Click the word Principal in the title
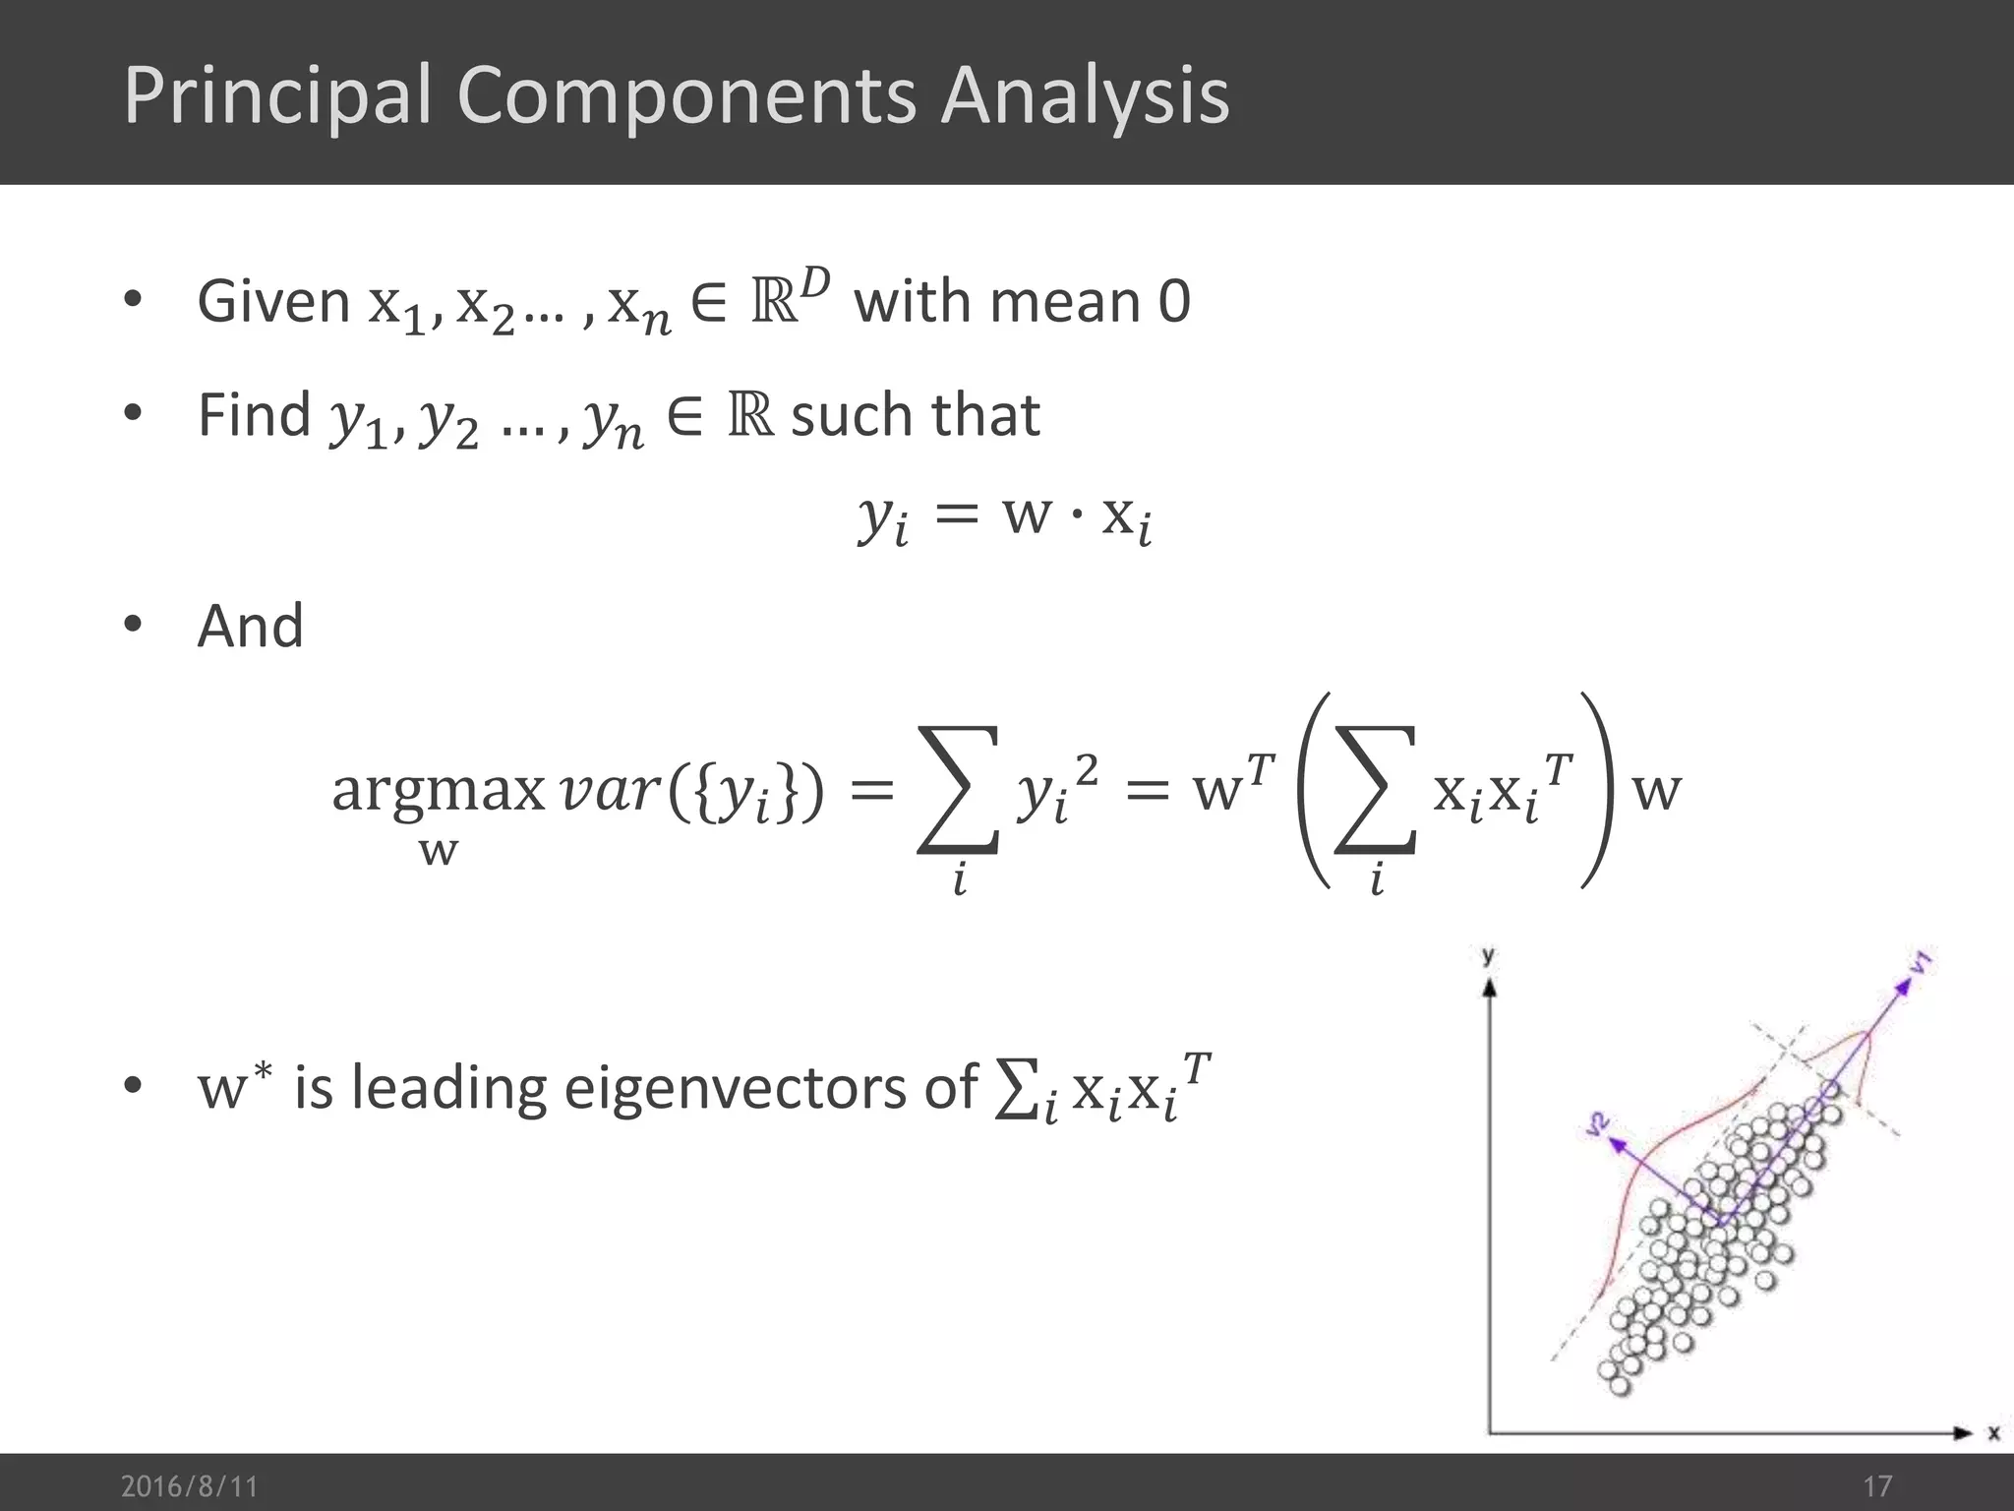(278, 95)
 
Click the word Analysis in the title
(1085, 95)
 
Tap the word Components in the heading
(685, 95)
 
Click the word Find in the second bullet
(254, 414)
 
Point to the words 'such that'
(915, 414)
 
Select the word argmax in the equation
(438, 790)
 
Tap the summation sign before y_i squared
(958, 790)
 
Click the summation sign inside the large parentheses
(1375, 790)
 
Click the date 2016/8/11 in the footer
(189, 1485)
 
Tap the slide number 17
(1876, 1485)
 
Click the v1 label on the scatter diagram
(1921, 963)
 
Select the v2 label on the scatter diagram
(1598, 1124)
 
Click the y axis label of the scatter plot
(1488, 955)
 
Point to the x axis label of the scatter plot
(1993, 1433)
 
